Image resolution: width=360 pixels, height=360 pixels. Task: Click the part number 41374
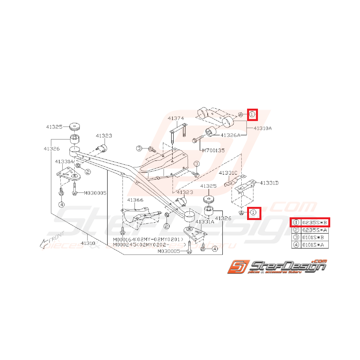click(176, 118)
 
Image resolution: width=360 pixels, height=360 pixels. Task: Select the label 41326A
click(230, 135)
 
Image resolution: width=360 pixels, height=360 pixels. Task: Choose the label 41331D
click(269, 183)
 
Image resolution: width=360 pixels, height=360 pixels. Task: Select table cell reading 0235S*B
click(314, 222)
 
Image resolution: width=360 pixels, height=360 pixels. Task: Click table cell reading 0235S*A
click(314, 230)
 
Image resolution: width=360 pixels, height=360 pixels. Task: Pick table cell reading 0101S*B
click(314, 237)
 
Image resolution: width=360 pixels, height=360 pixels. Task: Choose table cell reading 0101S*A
click(314, 244)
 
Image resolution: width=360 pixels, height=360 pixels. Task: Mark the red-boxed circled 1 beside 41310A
click(252, 114)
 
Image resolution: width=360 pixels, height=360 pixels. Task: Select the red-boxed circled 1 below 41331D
click(253, 212)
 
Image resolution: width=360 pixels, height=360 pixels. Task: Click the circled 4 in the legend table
click(296, 244)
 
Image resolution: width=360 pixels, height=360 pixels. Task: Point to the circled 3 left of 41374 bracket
click(139, 148)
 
